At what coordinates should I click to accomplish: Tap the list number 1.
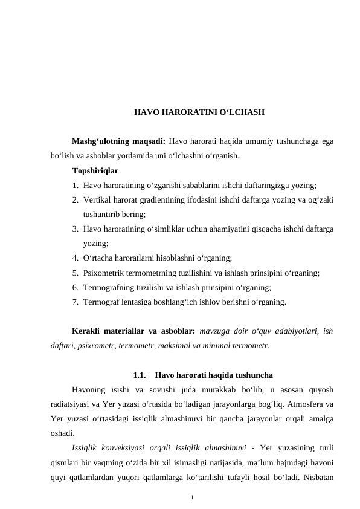click(x=74, y=185)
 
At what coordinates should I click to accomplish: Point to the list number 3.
click(x=74, y=229)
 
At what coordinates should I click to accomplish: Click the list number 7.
click(x=74, y=302)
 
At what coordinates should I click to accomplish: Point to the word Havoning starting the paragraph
click(x=91, y=390)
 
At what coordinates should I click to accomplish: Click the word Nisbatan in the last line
click(x=318, y=477)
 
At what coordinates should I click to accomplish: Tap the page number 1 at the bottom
click(x=191, y=498)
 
